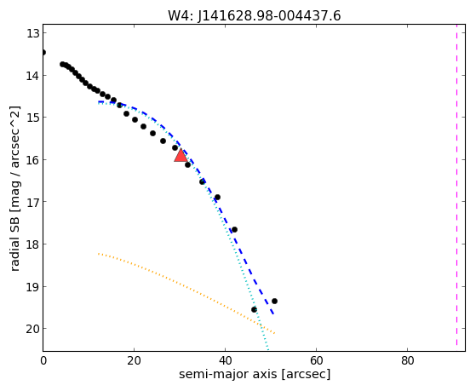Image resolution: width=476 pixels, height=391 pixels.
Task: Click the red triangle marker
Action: pyautogui.click(x=181, y=155)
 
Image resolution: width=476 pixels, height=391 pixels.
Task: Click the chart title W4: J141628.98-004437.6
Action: pyautogui.click(x=255, y=16)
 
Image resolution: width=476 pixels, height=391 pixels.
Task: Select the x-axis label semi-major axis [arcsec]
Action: pyautogui.click(x=255, y=374)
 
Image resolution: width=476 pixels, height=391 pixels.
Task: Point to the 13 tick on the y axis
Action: pyautogui.click(x=32, y=33)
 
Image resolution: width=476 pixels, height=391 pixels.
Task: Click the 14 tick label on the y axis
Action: pyautogui.click(x=32, y=75)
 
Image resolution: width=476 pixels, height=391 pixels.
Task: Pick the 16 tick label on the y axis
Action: pyautogui.click(x=32, y=160)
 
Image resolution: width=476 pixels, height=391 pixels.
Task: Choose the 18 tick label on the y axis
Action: pyautogui.click(x=32, y=244)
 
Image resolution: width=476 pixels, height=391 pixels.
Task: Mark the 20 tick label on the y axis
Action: pyautogui.click(x=32, y=329)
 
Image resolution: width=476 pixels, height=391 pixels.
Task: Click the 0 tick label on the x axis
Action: pyautogui.click(x=43, y=360)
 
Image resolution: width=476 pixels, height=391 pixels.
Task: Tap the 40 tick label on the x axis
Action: pyautogui.click(x=225, y=360)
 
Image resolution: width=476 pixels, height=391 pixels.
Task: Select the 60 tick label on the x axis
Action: pyautogui.click(x=316, y=360)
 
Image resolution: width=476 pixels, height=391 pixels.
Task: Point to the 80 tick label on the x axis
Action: pyautogui.click(x=407, y=360)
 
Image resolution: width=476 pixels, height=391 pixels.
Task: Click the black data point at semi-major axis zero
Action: pyautogui.click(x=43, y=53)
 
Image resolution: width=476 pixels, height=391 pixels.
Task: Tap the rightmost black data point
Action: pyautogui.click(x=274, y=301)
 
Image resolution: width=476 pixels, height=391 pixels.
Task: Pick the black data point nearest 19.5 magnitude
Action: pyautogui.click(x=254, y=309)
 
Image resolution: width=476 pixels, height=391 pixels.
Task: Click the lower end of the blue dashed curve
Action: pyautogui.click(x=273, y=313)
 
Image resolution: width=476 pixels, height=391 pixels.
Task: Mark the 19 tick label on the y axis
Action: pyautogui.click(x=32, y=286)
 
